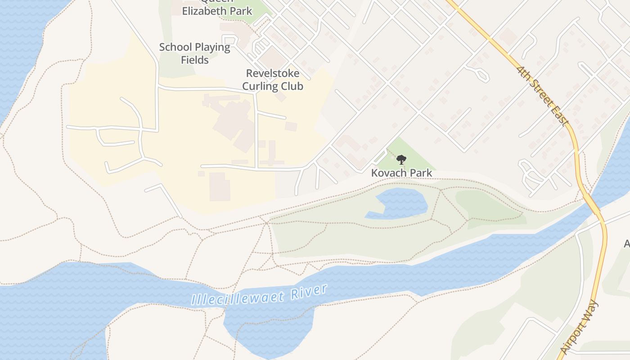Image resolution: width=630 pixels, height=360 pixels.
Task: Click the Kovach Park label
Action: click(401, 173)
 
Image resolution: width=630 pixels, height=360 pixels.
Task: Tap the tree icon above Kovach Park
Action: click(401, 160)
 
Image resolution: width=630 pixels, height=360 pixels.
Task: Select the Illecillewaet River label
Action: click(259, 295)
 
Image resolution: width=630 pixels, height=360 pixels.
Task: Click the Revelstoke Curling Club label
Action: click(273, 80)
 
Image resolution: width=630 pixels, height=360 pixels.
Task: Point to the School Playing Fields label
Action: click(195, 53)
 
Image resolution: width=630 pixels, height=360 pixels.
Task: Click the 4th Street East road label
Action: click(543, 96)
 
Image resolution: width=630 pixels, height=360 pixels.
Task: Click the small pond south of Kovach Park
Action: click(400, 202)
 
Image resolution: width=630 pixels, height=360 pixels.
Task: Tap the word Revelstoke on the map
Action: click(273, 73)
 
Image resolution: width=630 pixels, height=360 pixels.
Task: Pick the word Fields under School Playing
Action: click(195, 59)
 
